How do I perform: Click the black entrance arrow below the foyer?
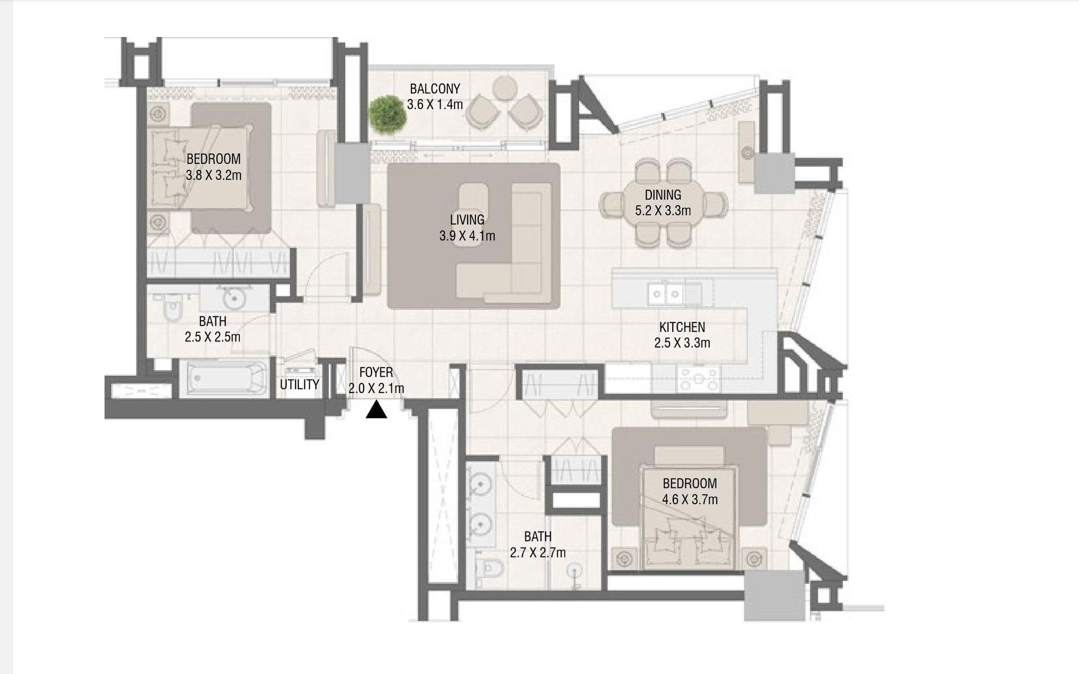pyautogui.click(x=376, y=410)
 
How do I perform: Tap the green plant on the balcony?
pyautogui.click(x=387, y=113)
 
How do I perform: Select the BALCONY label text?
pyautogui.click(x=435, y=89)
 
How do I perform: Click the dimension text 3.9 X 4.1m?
pyautogui.click(x=468, y=236)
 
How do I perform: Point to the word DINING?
pyautogui.click(x=663, y=195)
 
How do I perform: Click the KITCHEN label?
pyautogui.click(x=682, y=327)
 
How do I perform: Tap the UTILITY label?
pyautogui.click(x=300, y=385)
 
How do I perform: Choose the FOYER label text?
pyautogui.click(x=377, y=372)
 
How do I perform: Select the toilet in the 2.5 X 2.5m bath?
pyautogui.click(x=171, y=307)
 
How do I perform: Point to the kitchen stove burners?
pyautogui.click(x=699, y=379)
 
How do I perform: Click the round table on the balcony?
pyautogui.click(x=505, y=88)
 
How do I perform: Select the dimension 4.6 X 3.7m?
pyautogui.click(x=690, y=499)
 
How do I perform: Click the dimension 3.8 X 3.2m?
pyautogui.click(x=214, y=175)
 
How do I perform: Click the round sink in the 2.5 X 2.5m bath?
pyautogui.click(x=234, y=298)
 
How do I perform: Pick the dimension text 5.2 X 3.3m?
pyautogui.click(x=663, y=211)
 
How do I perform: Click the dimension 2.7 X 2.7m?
pyautogui.click(x=538, y=553)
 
